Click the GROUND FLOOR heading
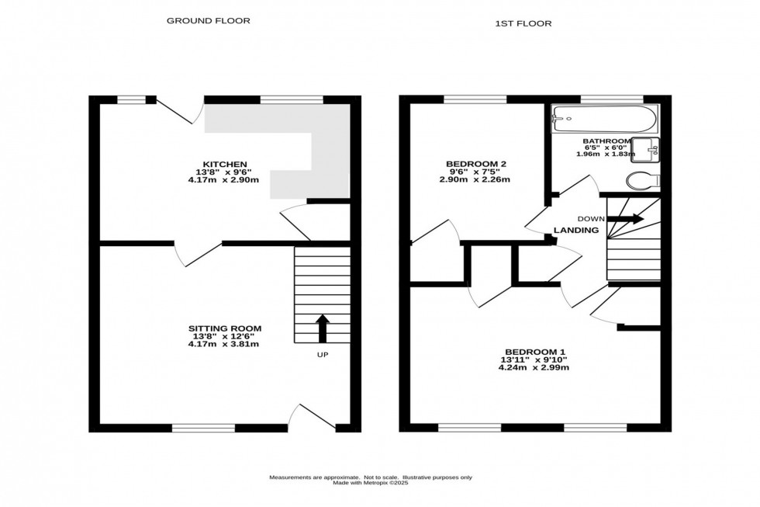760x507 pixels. [x=209, y=21]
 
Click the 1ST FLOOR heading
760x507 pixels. [x=523, y=23]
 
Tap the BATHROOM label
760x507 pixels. [x=607, y=141]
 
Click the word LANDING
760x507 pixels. [x=575, y=231]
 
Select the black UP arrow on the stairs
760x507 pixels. [x=322, y=327]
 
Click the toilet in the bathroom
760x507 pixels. [x=643, y=181]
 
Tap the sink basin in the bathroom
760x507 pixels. [x=645, y=148]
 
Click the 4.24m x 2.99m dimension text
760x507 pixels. [x=534, y=368]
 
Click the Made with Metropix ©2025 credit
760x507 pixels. [x=370, y=484]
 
